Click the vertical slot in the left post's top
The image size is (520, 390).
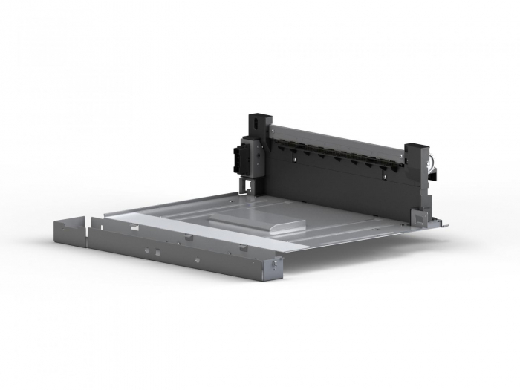(x=253, y=118)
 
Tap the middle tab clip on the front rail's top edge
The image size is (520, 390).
(x=189, y=237)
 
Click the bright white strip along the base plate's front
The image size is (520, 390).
(x=208, y=229)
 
